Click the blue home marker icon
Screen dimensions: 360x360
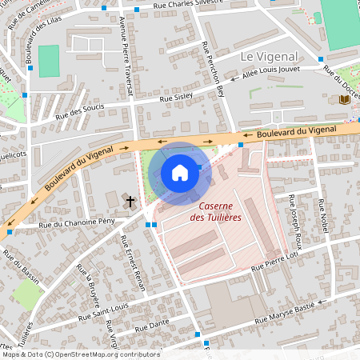[x=180, y=172]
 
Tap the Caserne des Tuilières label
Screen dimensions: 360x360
[x=216, y=211]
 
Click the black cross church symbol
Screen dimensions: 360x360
[x=130, y=199]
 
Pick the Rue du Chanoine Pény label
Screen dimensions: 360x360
[x=70, y=223]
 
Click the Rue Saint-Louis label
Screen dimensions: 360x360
[x=103, y=311]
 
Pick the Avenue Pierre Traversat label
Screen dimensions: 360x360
[x=126, y=57]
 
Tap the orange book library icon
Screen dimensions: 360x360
[x=345, y=98]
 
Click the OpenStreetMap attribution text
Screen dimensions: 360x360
[x=81, y=354]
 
